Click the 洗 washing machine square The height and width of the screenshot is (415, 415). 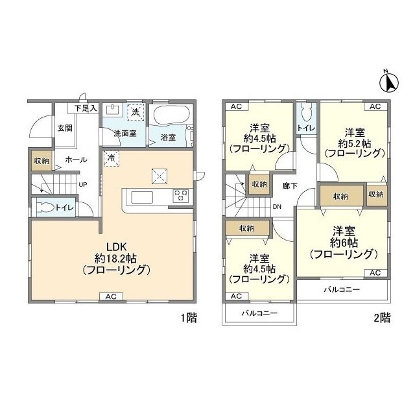point(136,112)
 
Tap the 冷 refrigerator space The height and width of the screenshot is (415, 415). point(111,158)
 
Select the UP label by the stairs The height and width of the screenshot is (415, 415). point(83,185)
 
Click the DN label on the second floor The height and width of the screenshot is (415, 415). point(277,207)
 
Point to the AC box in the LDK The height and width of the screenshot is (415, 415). point(111,296)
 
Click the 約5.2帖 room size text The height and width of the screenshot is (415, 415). point(353,142)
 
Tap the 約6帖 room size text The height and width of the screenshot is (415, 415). point(342,243)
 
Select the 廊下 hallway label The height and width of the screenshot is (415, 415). point(289,185)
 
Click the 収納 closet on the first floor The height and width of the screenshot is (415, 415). point(38,160)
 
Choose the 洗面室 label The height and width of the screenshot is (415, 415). point(124,134)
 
